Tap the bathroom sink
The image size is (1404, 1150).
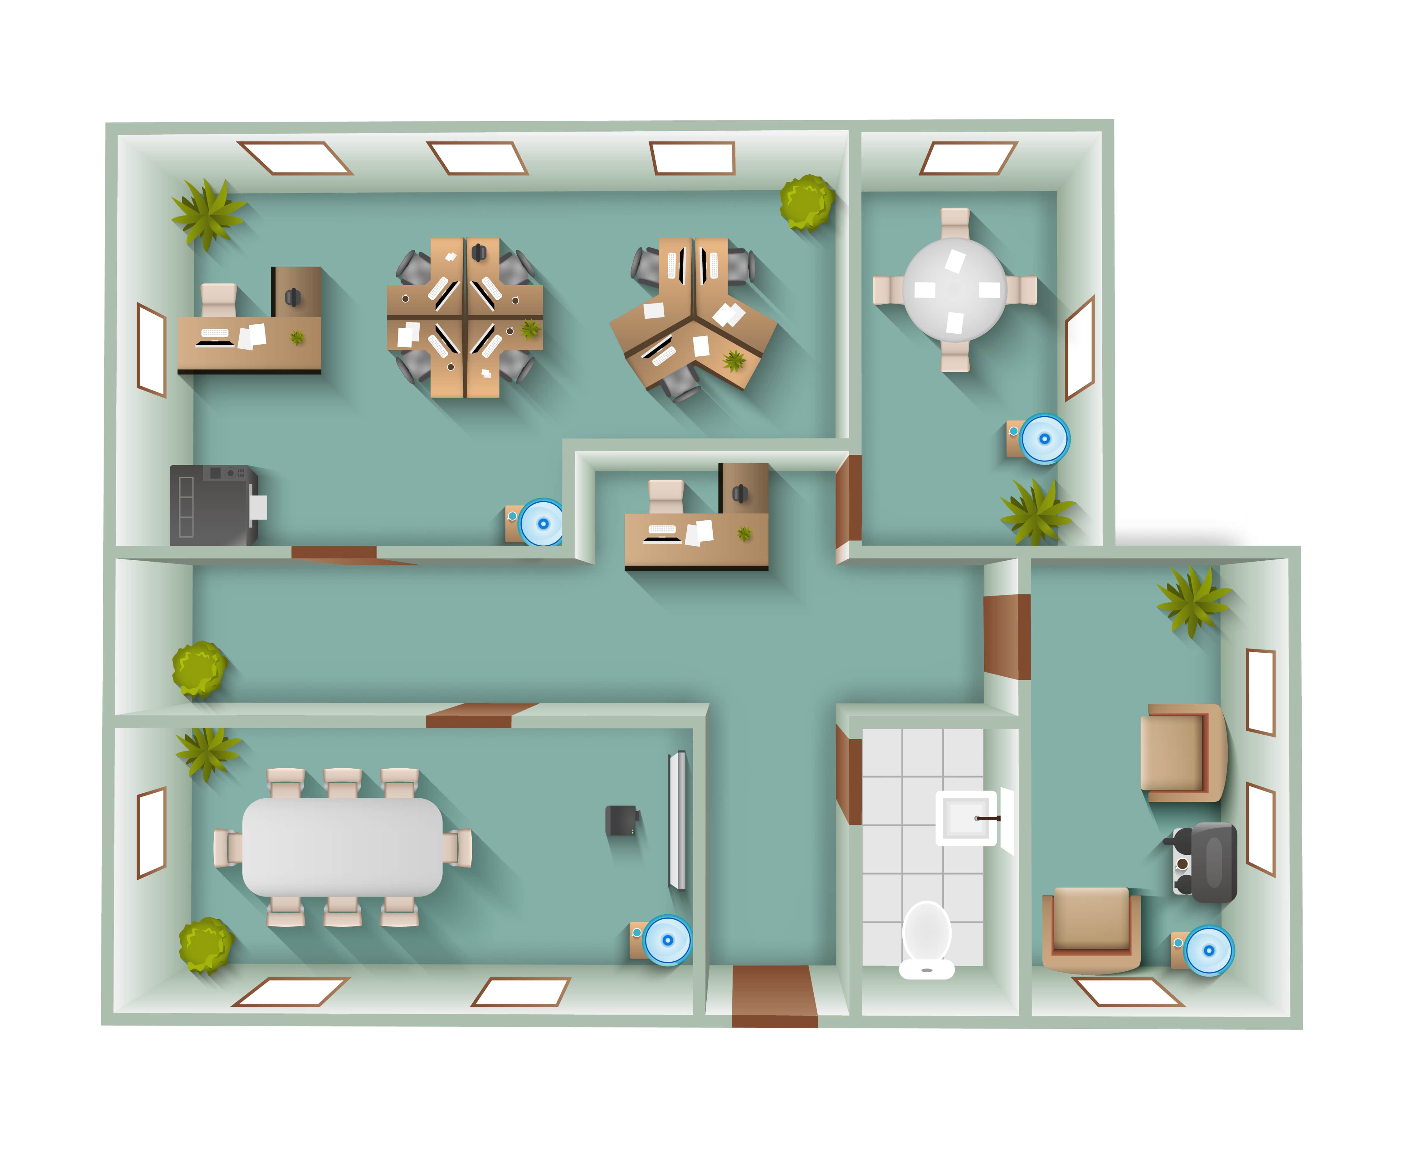(x=966, y=818)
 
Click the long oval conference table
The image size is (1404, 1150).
(x=342, y=847)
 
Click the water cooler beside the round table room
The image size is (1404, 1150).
(x=1043, y=438)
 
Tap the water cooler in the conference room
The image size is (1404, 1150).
(x=667, y=939)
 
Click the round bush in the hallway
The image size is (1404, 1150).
(x=199, y=669)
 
